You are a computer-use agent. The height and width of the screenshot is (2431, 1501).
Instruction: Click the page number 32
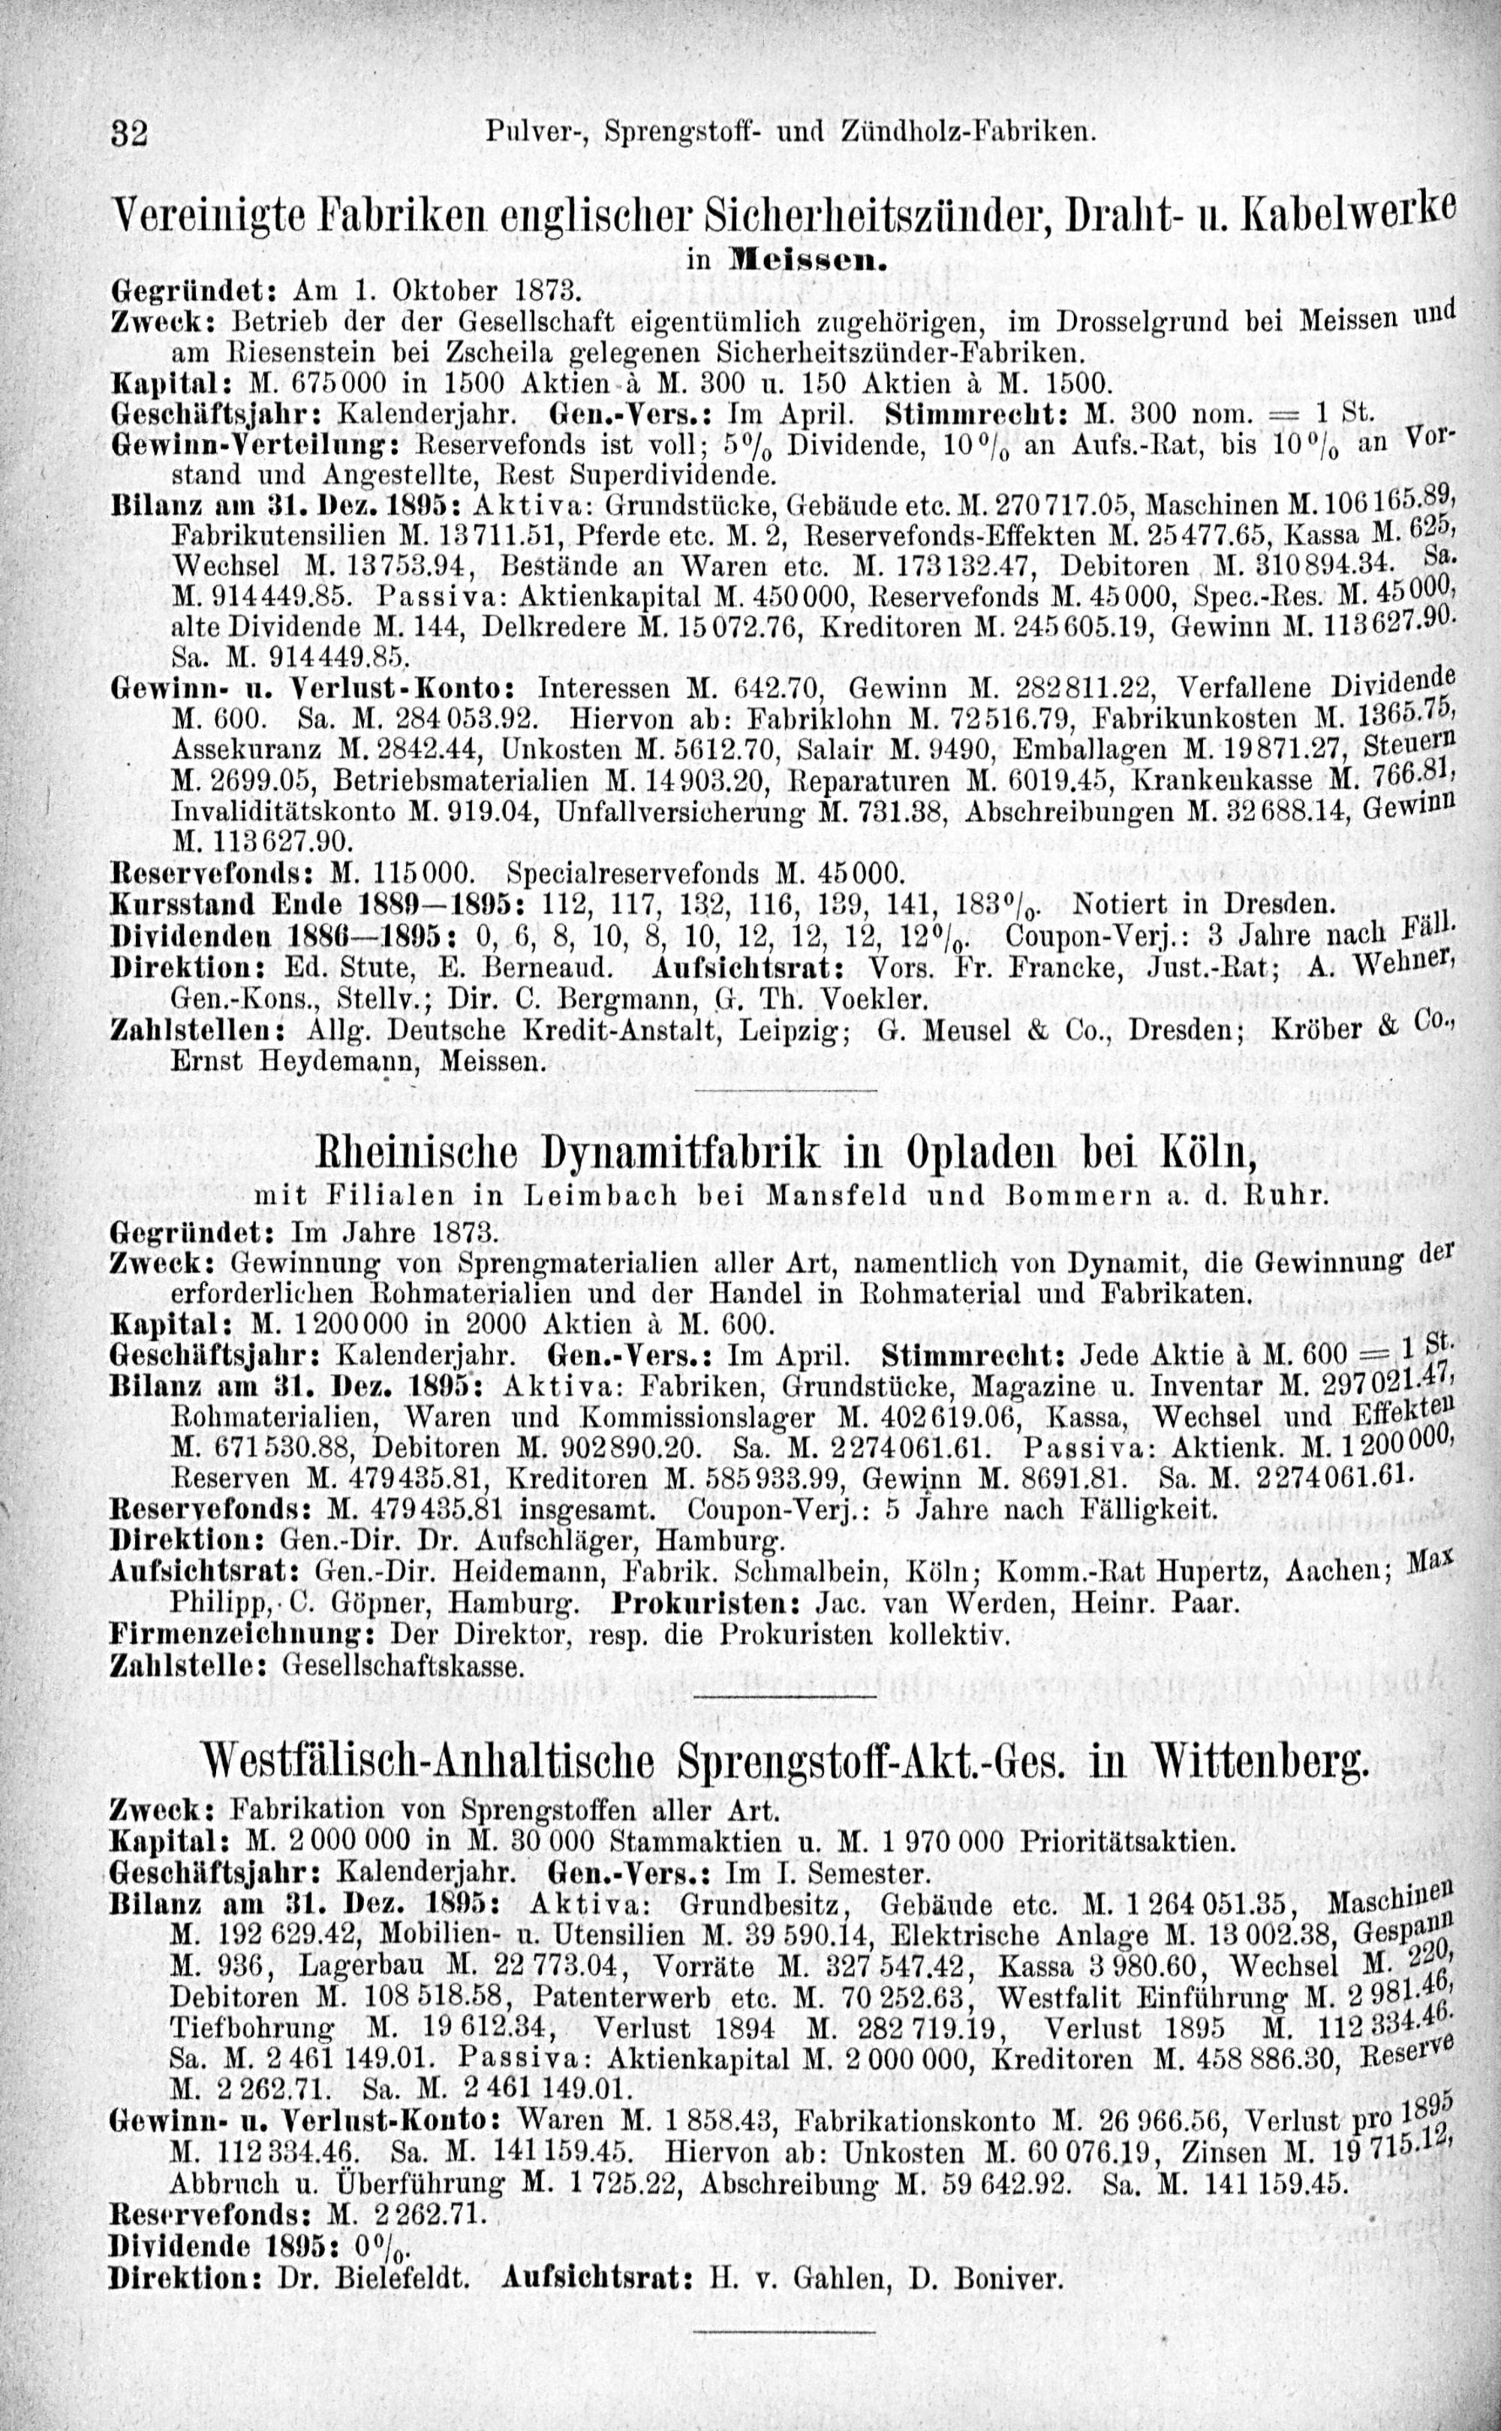tap(129, 132)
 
